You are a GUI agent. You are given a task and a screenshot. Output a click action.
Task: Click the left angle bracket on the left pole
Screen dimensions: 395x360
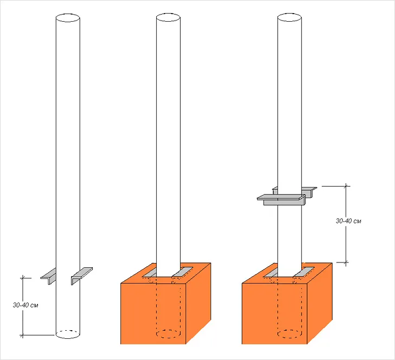(x=49, y=277)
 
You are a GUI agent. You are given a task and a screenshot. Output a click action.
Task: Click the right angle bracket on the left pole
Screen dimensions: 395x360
(x=81, y=275)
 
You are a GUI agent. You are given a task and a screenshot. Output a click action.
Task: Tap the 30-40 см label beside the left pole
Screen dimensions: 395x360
(x=26, y=305)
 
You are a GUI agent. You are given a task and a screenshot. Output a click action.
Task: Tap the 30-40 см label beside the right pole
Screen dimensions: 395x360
(x=348, y=221)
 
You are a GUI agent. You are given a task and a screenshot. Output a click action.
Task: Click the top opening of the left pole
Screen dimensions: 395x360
(x=68, y=18)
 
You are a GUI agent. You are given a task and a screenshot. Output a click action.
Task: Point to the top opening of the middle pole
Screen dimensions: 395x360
(x=168, y=18)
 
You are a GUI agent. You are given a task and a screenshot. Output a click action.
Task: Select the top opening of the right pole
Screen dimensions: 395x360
(x=289, y=18)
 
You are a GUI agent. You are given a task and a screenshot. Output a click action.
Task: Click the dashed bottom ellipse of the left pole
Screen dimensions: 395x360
(x=68, y=334)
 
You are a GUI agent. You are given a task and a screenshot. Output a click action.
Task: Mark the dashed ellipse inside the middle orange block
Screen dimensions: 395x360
(x=168, y=334)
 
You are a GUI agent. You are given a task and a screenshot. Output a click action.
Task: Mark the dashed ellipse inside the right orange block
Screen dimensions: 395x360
(x=289, y=334)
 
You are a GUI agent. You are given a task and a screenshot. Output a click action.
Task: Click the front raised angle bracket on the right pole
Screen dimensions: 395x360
(x=281, y=200)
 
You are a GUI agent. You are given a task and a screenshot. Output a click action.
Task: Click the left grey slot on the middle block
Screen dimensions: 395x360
(x=150, y=272)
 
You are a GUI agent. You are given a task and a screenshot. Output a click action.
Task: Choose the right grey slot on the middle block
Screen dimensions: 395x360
(x=182, y=272)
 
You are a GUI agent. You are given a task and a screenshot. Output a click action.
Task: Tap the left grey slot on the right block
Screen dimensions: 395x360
(x=271, y=272)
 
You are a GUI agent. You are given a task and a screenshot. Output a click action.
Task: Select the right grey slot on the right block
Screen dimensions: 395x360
(x=303, y=272)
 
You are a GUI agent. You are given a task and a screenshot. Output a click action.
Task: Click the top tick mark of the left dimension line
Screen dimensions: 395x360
(x=23, y=278)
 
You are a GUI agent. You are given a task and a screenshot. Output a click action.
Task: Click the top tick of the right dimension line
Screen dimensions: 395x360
(x=346, y=186)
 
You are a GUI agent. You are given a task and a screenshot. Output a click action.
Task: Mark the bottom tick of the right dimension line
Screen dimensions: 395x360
(x=346, y=262)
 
